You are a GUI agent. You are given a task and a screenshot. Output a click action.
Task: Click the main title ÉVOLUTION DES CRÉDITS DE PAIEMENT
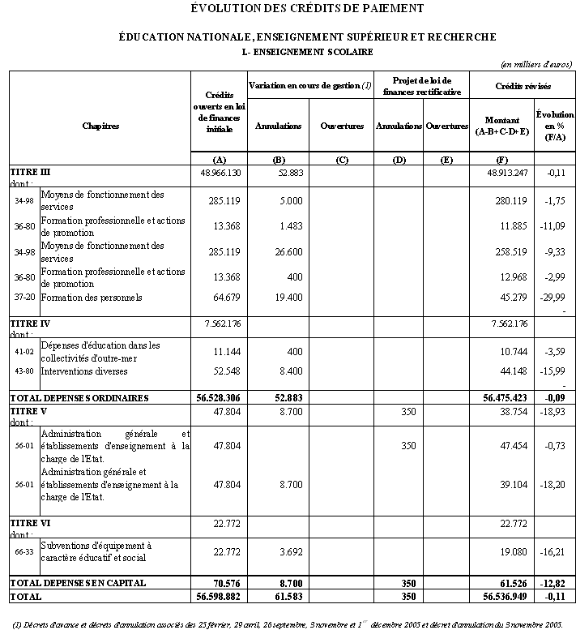tap(307, 9)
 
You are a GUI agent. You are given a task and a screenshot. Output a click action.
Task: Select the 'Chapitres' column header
tap(100, 126)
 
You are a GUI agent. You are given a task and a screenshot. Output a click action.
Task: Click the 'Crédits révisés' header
tap(523, 84)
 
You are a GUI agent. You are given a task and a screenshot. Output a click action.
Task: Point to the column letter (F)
tap(501, 160)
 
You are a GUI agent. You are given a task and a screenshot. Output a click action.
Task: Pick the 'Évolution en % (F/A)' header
tap(555, 126)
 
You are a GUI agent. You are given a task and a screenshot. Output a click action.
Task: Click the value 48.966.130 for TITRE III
tap(219, 173)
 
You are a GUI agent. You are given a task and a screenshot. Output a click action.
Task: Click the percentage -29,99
tap(556, 298)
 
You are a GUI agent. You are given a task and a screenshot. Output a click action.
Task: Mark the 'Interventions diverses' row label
tap(86, 371)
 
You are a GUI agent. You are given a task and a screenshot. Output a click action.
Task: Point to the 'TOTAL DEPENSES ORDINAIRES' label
tap(79, 398)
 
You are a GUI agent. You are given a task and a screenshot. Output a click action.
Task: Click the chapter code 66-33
tap(23, 552)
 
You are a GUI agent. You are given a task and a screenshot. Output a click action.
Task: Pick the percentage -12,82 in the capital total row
tap(556, 583)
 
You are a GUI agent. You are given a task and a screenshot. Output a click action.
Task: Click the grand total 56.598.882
tap(219, 596)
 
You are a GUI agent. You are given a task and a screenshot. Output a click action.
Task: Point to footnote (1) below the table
tap(288, 624)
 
